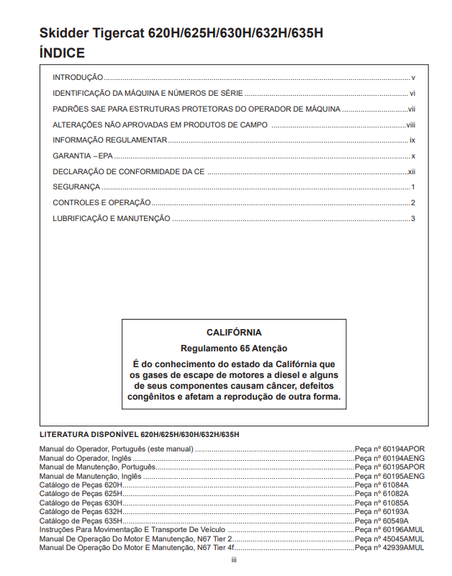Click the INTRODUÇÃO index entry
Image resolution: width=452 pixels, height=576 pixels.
(x=78, y=77)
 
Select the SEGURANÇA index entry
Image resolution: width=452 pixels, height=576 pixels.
(x=76, y=186)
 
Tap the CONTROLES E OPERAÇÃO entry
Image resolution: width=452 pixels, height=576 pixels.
(x=101, y=202)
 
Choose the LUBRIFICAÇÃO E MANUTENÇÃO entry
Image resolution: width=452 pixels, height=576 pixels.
(x=112, y=218)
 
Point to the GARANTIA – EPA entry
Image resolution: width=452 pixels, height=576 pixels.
(x=83, y=156)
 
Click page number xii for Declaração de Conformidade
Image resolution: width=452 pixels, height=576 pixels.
(x=412, y=171)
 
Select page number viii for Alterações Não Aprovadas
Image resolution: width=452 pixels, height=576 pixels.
(x=411, y=125)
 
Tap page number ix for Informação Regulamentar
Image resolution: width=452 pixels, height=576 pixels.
(x=412, y=140)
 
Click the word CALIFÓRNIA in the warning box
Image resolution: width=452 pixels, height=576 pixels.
(x=234, y=333)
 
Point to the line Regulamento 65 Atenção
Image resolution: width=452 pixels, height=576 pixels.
(x=234, y=348)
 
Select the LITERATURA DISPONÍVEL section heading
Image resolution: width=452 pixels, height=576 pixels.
(x=139, y=435)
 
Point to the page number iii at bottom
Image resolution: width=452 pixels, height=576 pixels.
(x=234, y=560)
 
